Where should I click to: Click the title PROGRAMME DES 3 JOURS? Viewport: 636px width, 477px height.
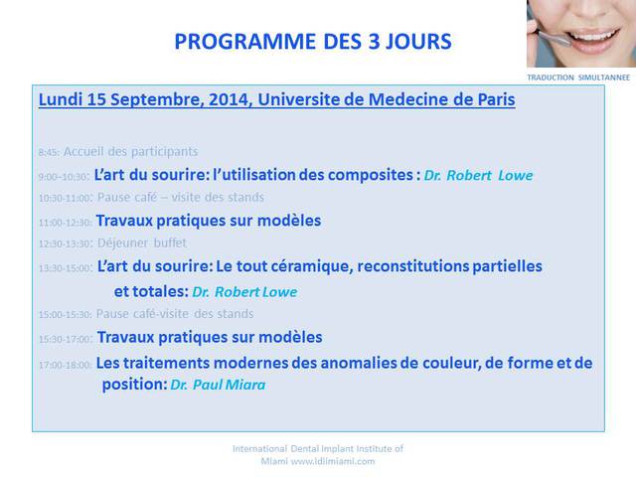click(313, 42)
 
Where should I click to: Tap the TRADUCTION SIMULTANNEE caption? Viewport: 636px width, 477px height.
click(578, 78)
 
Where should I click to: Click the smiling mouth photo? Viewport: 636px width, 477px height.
click(581, 33)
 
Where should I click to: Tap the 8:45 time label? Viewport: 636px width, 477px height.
click(49, 152)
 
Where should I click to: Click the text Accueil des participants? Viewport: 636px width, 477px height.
click(130, 152)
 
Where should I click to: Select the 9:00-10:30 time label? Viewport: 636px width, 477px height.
click(64, 177)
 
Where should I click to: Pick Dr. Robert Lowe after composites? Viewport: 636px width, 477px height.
click(478, 175)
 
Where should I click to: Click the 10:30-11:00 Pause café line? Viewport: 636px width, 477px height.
click(151, 198)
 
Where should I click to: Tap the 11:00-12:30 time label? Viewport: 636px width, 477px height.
click(66, 223)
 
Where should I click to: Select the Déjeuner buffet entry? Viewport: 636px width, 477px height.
click(142, 242)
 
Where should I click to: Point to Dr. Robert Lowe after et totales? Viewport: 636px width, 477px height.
click(244, 291)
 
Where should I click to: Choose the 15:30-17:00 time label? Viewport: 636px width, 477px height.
click(67, 339)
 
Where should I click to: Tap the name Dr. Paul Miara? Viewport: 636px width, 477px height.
click(218, 385)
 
